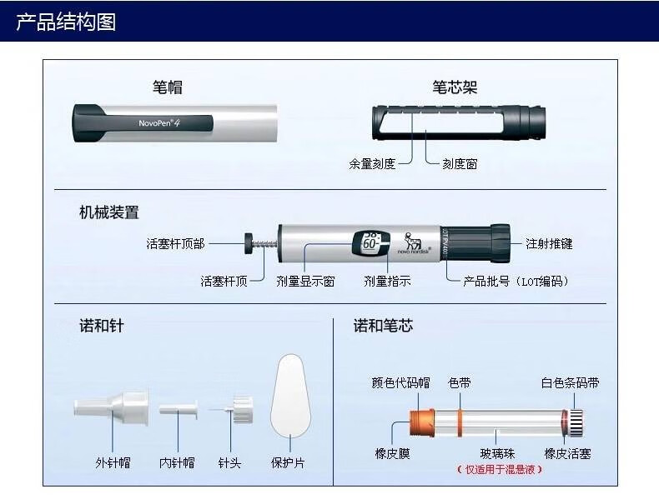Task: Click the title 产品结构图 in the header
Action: click(66, 21)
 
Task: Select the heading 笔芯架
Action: click(455, 87)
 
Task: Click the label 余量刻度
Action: click(372, 164)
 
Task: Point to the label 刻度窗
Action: click(460, 164)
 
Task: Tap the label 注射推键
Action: click(549, 244)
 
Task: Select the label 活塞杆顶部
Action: click(175, 244)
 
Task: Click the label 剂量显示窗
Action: click(305, 282)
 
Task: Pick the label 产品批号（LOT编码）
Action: click(516, 282)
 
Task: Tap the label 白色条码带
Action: click(570, 383)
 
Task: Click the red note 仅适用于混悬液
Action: click(499, 469)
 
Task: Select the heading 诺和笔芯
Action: click(383, 326)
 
